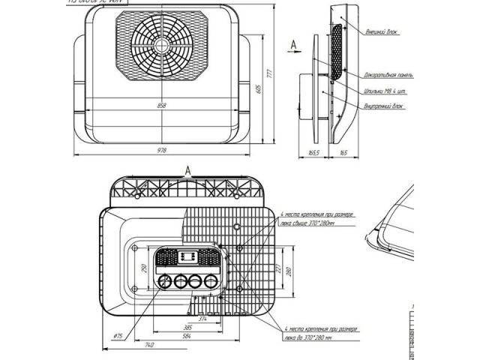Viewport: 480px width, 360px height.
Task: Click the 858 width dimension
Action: (161, 105)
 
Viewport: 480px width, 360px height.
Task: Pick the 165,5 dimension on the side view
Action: (313, 153)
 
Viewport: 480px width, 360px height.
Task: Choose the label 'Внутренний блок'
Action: (382, 106)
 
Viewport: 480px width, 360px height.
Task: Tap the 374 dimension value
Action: (190, 319)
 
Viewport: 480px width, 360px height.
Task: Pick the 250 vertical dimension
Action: (143, 268)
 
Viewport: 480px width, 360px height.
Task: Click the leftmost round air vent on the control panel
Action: (164, 283)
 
